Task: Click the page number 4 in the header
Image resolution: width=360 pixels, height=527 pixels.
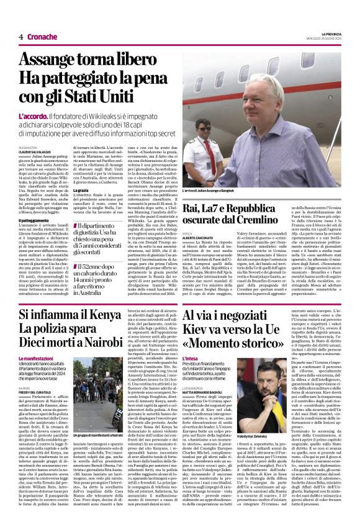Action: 21,37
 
